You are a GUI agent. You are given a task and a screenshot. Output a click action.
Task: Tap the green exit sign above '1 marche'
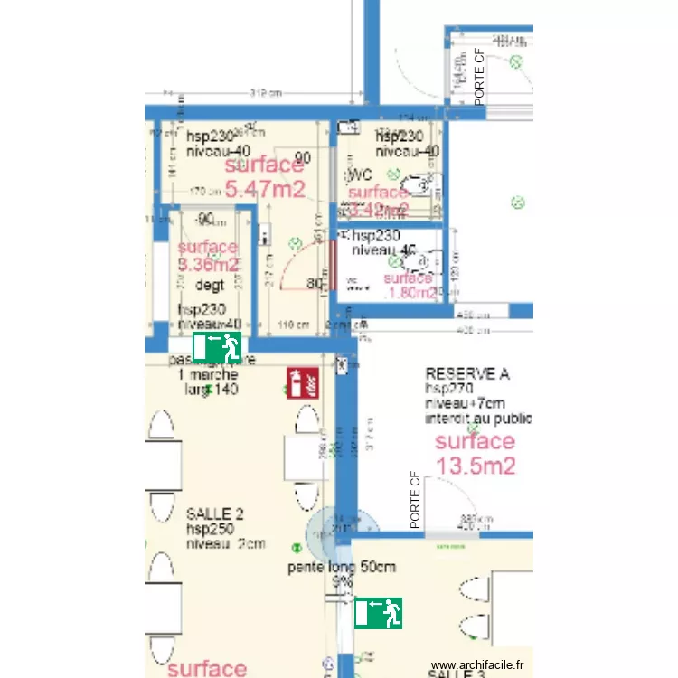click(217, 346)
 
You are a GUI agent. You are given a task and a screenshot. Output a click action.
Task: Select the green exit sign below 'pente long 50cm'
click(378, 613)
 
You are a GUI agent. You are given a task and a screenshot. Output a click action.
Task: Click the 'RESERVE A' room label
click(467, 373)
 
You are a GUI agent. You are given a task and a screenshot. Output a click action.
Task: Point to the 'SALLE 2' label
click(214, 513)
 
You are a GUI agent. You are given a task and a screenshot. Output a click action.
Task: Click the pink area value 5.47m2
click(265, 189)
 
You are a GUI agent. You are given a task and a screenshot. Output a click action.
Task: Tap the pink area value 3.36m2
click(208, 265)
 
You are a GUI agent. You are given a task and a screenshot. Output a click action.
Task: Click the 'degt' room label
click(210, 286)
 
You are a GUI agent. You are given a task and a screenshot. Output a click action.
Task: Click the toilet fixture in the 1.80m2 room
click(418, 261)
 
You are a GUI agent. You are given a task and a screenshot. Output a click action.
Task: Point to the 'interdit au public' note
click(478, 419)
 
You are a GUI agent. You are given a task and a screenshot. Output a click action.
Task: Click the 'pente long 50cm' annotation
click(342, 568)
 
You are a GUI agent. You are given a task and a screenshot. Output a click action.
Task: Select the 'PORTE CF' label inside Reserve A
click(416, 500)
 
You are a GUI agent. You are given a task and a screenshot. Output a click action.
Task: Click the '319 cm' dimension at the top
click(267, 93)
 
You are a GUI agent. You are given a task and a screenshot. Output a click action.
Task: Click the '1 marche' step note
click(208, 375)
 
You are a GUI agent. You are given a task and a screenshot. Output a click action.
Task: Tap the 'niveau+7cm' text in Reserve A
click(466, 403)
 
